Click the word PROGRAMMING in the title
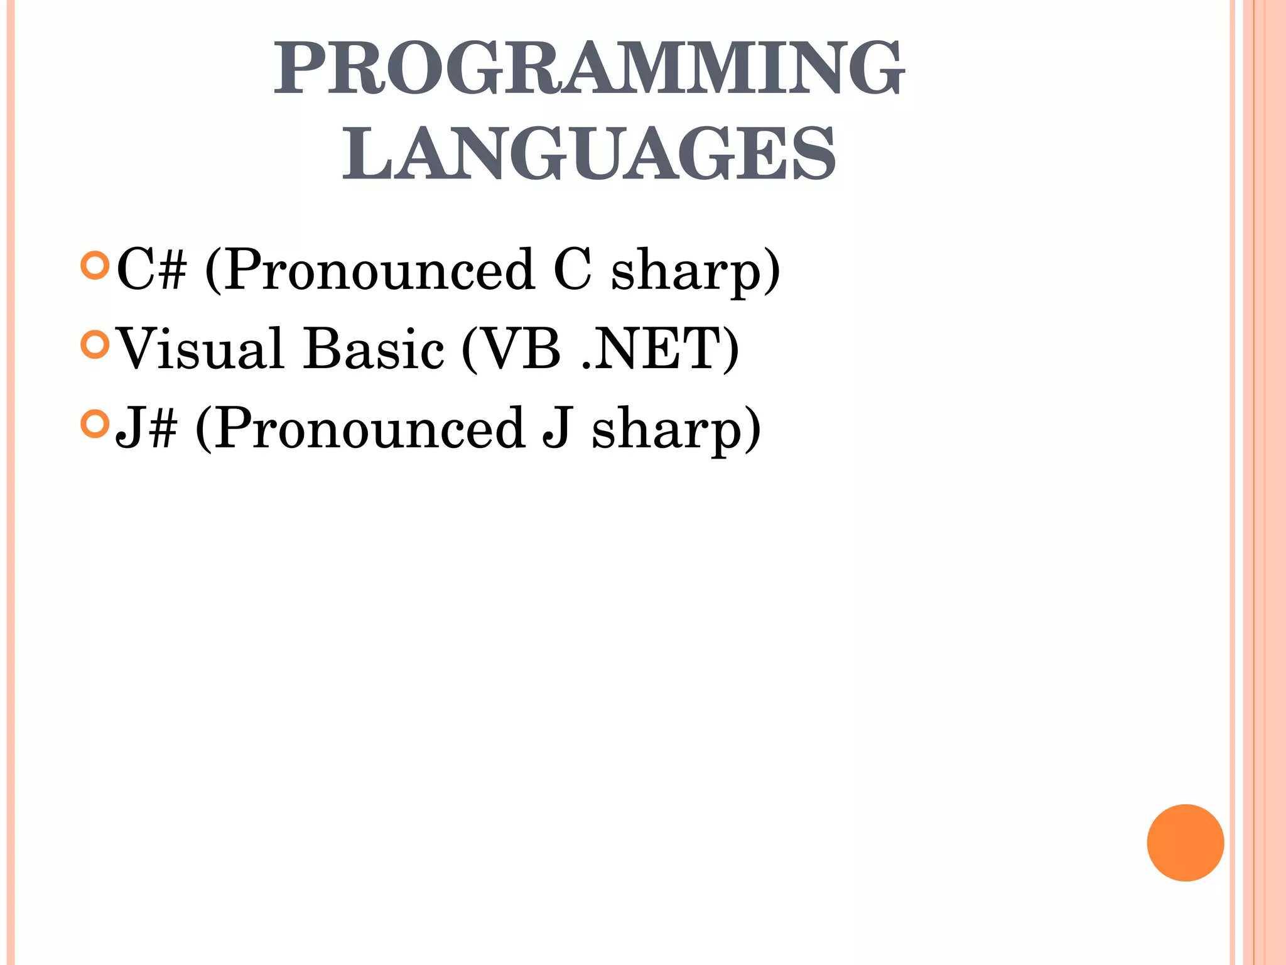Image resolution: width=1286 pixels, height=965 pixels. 589,68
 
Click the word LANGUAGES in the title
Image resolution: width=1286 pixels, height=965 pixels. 589,153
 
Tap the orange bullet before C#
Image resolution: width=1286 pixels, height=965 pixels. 95,266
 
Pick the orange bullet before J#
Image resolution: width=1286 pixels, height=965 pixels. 95,424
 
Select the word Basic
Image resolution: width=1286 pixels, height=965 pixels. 374,349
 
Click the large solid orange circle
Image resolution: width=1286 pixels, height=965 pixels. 1186,842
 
